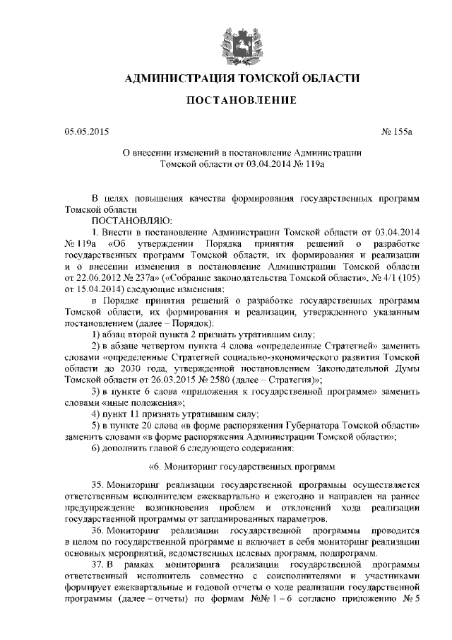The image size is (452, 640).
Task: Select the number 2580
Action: pyautogui.click(x=211, y=379)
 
